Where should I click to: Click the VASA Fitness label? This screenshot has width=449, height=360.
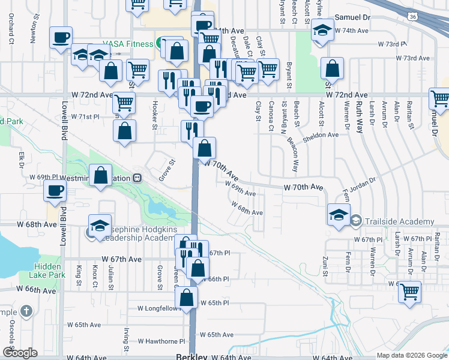point(127,44)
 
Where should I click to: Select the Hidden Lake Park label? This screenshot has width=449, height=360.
point(47,271)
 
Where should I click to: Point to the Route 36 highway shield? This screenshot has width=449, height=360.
point(410,18)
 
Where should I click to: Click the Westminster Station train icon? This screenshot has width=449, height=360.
point(137,178)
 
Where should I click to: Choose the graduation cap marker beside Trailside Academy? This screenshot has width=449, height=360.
point(339,214)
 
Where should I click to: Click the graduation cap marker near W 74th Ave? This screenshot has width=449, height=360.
point(322,31)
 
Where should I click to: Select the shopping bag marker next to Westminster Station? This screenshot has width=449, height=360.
point(101,175)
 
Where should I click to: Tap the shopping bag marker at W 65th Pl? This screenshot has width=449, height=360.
point(187,297)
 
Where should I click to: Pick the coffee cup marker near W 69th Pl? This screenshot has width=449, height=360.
point(55,191)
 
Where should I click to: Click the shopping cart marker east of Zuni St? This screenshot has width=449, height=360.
point(409,292)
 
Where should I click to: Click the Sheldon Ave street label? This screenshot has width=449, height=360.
point(321,135)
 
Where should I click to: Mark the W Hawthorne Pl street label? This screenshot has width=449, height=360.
point(161,341)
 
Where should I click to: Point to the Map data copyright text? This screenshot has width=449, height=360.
point(411,355)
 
